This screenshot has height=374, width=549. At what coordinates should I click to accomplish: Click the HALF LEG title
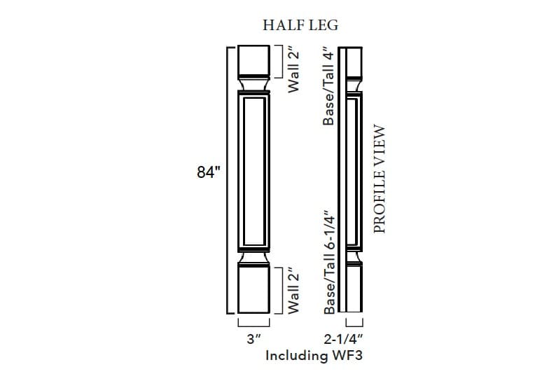(300, 25)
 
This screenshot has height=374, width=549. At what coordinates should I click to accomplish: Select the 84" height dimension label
(209, 171)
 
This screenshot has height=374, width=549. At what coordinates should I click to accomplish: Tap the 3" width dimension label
(253, 338)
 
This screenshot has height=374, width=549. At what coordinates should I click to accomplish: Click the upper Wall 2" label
(294, 69)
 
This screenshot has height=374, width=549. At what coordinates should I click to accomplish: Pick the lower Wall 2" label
(294, 289)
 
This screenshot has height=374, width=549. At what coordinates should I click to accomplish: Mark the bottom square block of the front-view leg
(253, 291)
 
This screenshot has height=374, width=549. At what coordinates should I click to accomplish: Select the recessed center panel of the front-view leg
(253, 172)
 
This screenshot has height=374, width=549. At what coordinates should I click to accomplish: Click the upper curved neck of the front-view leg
(253, 84)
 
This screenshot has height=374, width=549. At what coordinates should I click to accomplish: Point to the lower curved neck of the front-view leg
(253, 260)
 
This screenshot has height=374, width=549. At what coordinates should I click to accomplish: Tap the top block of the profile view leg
(354, 61)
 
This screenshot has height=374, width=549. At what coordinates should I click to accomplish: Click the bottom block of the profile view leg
(354, 291)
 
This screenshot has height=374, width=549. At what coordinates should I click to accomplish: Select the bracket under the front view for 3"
(253, 324)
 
